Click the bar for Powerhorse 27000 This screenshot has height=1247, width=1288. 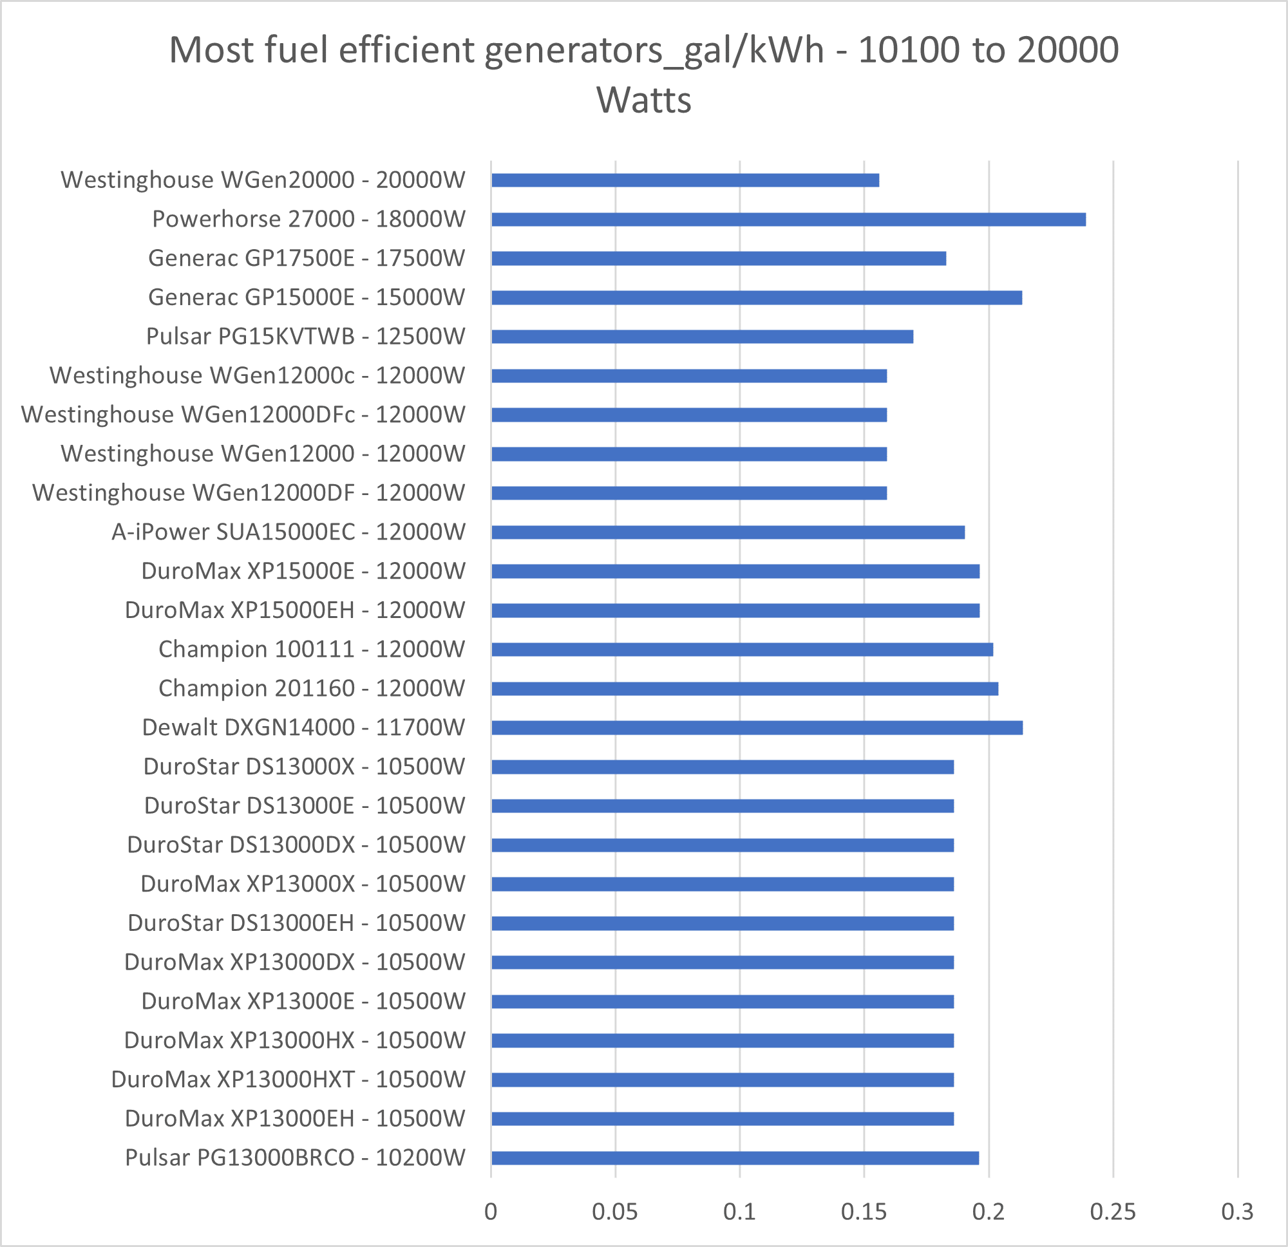[x=788, y=220]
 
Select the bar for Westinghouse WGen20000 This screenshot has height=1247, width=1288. [x=685, y=180]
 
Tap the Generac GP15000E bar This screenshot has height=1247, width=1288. [x=756, y=297]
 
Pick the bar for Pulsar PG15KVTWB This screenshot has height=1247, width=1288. [x=702, y=337]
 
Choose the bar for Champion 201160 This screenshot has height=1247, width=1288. [x=744, y=689]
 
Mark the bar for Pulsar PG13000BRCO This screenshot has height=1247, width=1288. [x=735, y=1158]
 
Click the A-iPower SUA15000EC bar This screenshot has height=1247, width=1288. [x=728, y=532]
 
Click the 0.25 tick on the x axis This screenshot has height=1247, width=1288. [x=1113, y=1212]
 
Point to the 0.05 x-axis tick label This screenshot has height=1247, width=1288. [x=614, y=1212]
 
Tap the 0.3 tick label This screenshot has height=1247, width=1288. [x=1236, y=1212]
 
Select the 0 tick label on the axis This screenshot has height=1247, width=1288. [x=491, y=1212]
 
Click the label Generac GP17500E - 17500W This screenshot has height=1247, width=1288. [x=307, y=258]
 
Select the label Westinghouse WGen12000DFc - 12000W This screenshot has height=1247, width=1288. [x=243, y=415]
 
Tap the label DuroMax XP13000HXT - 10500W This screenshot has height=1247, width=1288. [x=288, y=1080]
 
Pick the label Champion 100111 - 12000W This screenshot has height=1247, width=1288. [x=312, y=649]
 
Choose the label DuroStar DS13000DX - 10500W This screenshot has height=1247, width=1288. [x=296, y=845]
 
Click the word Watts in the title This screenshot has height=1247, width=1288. [x=643, y=100]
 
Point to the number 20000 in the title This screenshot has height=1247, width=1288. [x=1068, y=50]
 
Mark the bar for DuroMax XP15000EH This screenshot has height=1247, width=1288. [x=735, y=610]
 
